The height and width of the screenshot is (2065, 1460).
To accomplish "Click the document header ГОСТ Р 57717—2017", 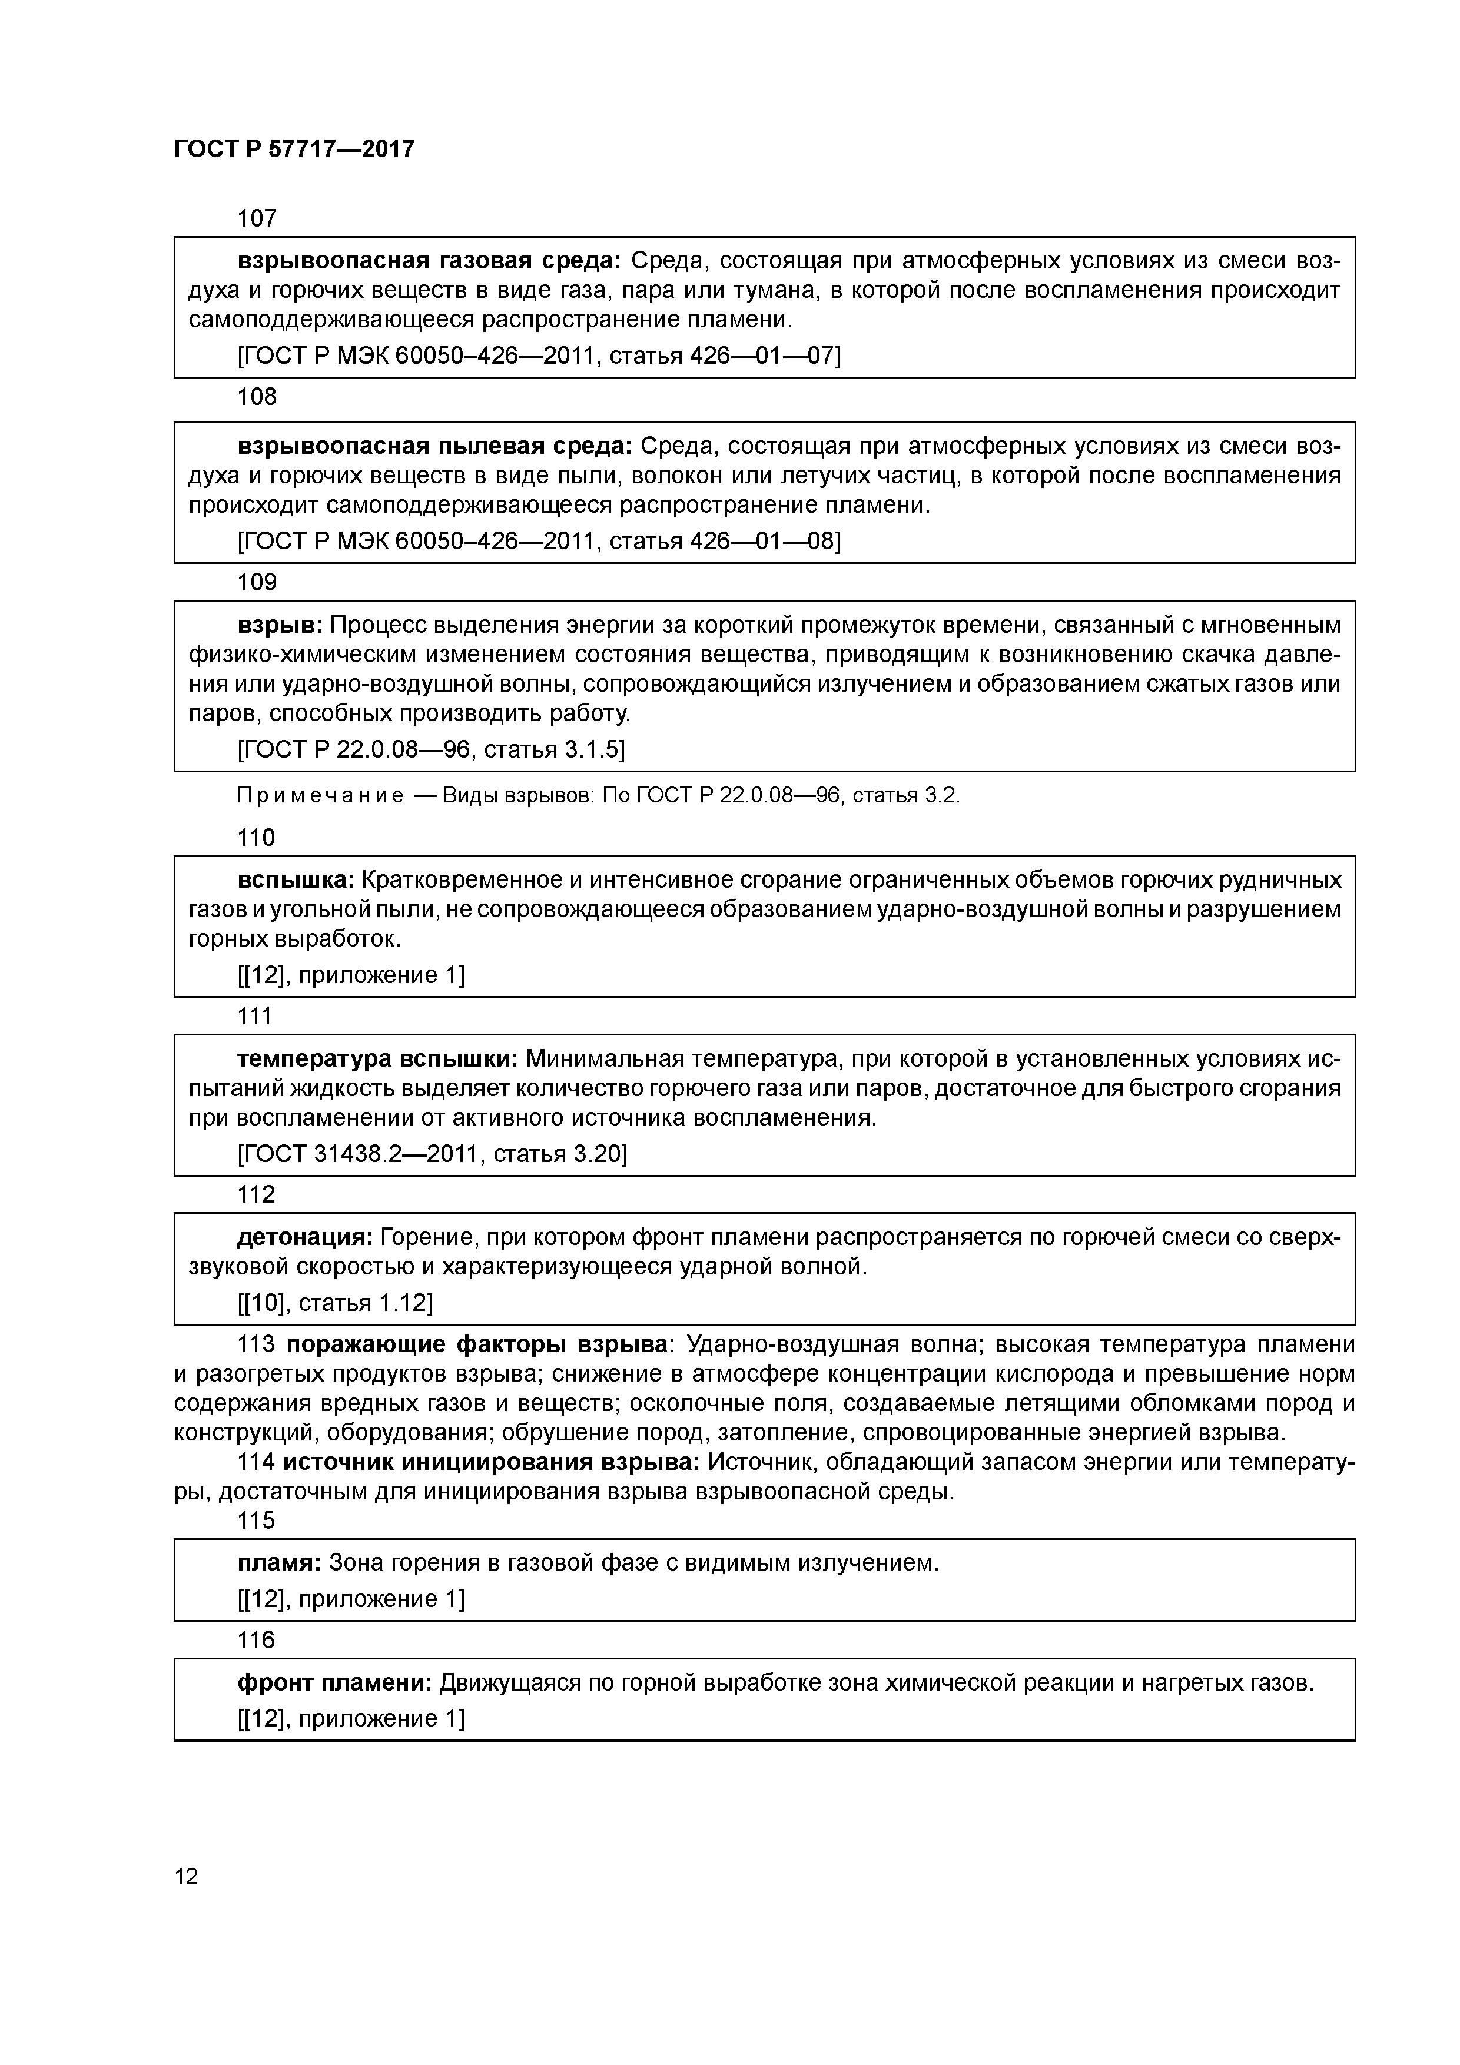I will tap(294, 148).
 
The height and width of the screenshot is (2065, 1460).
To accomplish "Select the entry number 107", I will tap(256, 218).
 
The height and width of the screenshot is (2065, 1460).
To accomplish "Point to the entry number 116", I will tap(256, 1641).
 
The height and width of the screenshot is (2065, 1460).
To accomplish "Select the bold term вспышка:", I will tap(297, 879).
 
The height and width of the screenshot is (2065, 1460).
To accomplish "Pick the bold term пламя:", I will tap(279, 1563).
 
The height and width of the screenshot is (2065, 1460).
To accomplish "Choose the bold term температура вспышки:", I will tap(377, 1058).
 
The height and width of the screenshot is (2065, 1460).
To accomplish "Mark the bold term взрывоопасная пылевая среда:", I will tap(436, 446).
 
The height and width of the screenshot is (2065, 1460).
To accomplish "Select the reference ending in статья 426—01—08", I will tap(538, 542).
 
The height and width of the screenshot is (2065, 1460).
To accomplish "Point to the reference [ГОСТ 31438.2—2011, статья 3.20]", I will tap(432, 1154).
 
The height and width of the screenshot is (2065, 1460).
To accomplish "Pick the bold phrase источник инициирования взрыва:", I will tap(491, 1462).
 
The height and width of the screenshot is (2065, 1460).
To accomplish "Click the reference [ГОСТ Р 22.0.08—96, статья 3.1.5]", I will tap(431, 749).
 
